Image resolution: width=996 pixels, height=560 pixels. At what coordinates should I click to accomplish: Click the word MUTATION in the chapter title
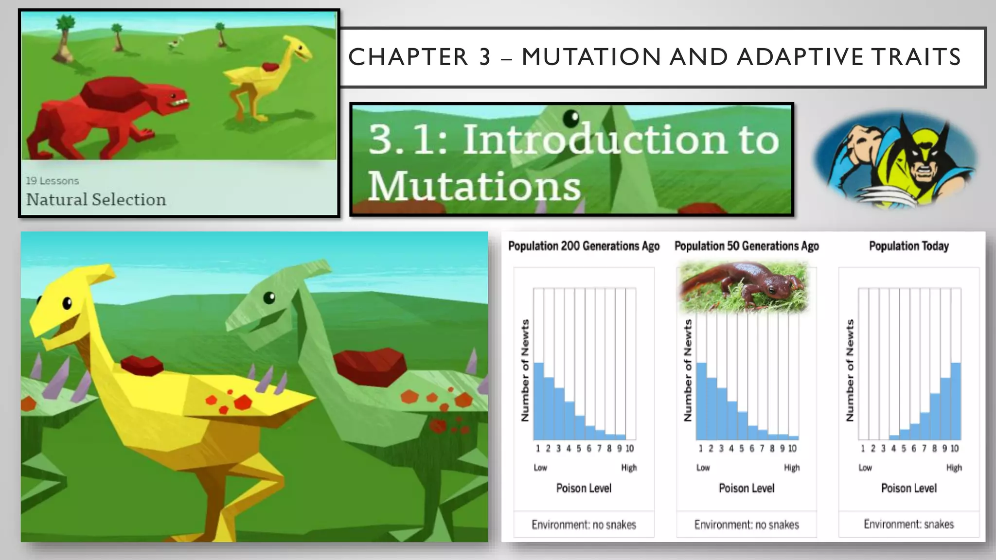[x=591, y=57]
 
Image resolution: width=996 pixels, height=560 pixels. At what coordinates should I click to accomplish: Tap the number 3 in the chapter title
[x=484, y=57]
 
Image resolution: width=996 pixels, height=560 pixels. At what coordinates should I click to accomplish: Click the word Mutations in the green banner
[x=474, y=186]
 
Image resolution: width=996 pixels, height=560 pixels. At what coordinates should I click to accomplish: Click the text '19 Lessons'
[x=52, y=181]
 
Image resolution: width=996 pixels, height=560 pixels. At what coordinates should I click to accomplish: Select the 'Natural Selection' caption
[x=96, y=199]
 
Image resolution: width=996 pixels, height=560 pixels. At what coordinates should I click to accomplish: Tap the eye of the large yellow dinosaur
[x=67, y=304]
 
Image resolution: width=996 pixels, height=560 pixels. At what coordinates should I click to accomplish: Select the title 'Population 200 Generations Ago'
[x=584, y=246]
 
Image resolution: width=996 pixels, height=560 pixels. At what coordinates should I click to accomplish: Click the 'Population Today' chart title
[x=908, y=246]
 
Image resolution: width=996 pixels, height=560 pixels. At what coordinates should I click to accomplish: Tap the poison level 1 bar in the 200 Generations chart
[x=538, y=401]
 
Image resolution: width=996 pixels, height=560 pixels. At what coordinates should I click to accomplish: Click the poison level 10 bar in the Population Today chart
[x=956, y=401]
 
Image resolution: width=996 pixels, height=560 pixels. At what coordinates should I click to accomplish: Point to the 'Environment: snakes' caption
[x=908, y=524]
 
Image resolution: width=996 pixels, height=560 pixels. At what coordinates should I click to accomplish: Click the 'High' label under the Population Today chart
[x=954, y=468]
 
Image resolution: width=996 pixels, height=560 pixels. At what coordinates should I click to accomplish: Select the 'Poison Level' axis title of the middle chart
[x=747, y=488]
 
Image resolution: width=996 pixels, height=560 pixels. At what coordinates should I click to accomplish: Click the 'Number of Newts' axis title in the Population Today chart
[x=850, y=370]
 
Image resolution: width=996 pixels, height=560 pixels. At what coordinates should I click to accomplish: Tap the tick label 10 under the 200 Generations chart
[x=630, y=448]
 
